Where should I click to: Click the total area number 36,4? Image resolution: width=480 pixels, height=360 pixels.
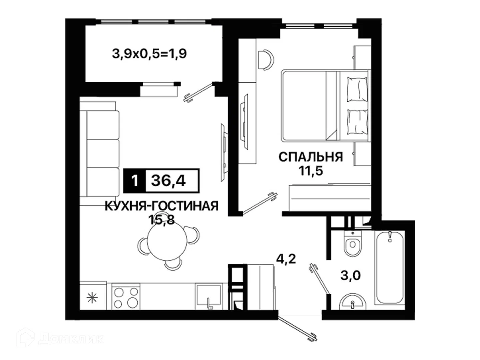click(168, 181)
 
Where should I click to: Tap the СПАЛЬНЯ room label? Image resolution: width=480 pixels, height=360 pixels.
click(311, 157)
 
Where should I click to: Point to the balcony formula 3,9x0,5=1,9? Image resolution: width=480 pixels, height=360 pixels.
click(149, 54)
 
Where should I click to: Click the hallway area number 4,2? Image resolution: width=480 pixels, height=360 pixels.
click(286, 259)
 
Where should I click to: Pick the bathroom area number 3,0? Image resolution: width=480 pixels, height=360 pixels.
click(351, 275)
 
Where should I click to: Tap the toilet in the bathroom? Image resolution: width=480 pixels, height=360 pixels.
click(352, 244)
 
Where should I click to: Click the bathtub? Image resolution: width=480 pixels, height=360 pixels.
click(389, 267)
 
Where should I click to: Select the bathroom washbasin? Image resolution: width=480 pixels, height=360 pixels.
click(352, 302)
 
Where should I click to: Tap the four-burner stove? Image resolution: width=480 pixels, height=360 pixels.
click(126, 297)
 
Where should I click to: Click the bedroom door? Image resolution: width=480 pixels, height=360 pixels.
click(260, 203)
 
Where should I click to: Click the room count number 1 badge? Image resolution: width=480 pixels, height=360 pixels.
click(134, 181)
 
